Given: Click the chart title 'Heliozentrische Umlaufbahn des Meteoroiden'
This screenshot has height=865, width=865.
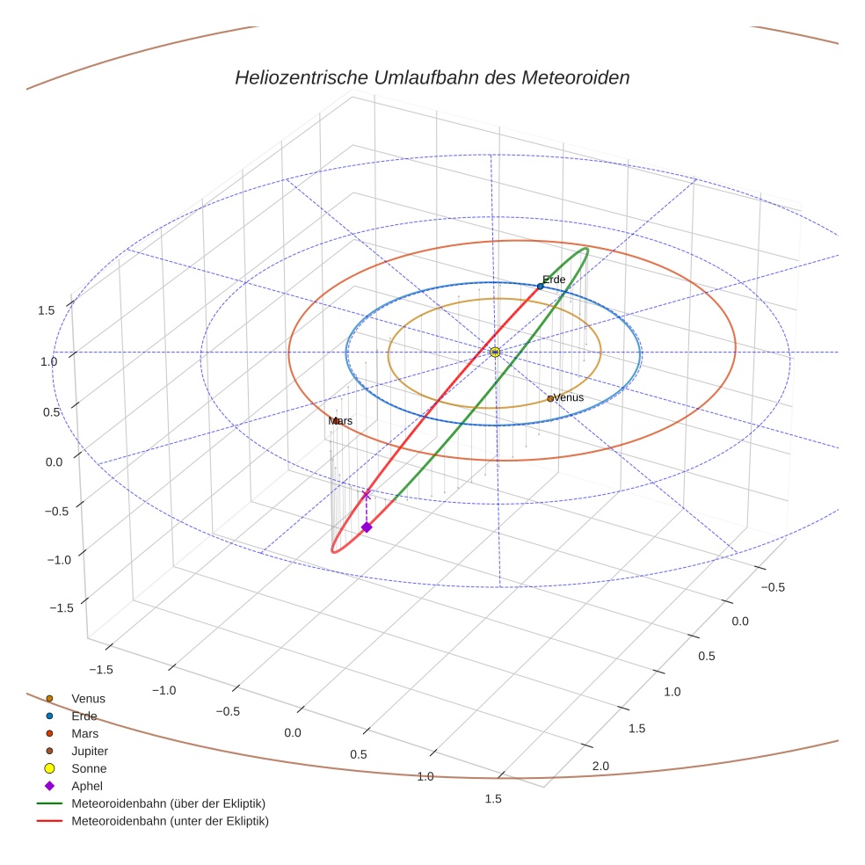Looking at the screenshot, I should tap(432, 77).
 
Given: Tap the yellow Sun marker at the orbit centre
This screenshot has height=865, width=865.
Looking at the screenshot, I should tap(495, 352).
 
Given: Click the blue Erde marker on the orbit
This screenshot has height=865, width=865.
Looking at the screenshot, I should tap(541, 287).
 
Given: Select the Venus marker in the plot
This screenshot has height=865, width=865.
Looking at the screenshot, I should tap(550, 398).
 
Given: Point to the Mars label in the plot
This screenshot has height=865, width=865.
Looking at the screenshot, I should tap(340, 421).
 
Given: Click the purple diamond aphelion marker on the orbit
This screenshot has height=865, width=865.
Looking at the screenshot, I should tap(367, 527).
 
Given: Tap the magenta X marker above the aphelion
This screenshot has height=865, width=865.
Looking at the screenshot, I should tap(367, 496).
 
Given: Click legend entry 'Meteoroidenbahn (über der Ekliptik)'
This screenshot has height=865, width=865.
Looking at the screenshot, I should tap(168, 803).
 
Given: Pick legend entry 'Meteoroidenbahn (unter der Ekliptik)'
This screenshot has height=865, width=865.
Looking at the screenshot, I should tap(170, 821).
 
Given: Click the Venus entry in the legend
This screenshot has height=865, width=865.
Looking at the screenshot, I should tap(88, 698).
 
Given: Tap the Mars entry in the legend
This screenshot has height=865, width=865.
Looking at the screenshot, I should tap(84, 733).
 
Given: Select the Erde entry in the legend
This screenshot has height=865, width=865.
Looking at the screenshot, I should tap(84, 716).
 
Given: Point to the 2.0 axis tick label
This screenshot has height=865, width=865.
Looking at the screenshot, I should tap(601, 767).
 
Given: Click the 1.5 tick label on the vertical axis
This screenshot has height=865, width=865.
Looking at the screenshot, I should tap(47, 310).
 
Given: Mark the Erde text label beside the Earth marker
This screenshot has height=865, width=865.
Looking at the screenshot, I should tap(554, 280).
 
